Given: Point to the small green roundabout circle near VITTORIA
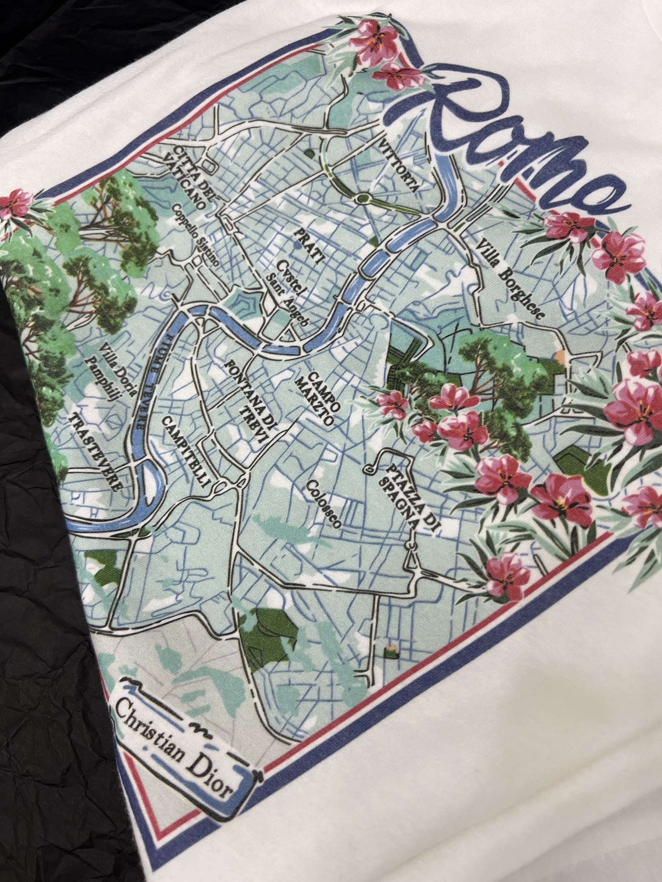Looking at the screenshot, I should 364,198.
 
